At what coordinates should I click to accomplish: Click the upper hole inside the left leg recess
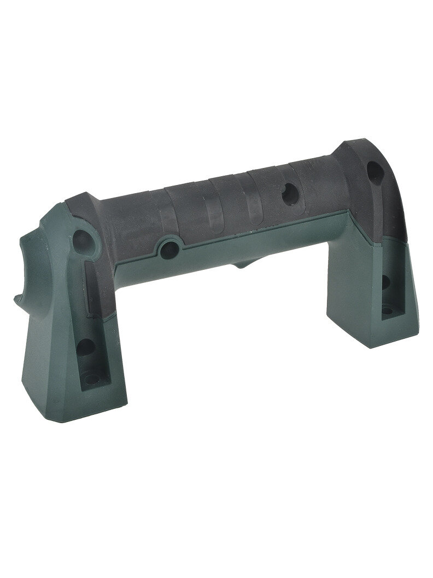(x=85, y=346)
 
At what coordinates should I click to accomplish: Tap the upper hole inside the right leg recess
(x=385, y=283)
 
